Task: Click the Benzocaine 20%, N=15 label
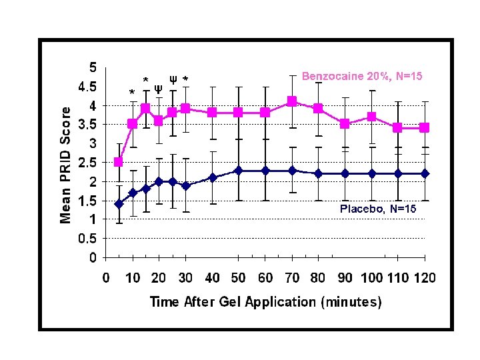click(361, 76)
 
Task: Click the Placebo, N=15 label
click(378, 209)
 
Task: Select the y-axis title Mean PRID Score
click(66, 165)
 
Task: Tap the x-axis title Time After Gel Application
click(265, 302)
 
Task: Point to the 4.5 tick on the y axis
click(87, 87)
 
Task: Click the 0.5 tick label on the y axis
click(87, 239)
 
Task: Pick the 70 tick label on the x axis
click(291, 277)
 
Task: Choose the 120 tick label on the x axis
click(424, 277)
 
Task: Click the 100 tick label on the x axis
click(371, 277)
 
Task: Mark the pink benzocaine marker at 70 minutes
click(291, 101)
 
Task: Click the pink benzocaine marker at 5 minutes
click(119, 162)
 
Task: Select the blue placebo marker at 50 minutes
click(238, 171)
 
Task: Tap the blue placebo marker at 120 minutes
click(424, 173)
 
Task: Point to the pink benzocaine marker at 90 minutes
click(344, 123)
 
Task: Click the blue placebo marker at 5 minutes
click(119, 204)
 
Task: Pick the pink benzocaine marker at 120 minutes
click(424, 127)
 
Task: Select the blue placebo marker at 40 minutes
click(212, 177)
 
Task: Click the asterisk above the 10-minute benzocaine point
click(132, 93)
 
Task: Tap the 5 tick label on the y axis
click(93, 67)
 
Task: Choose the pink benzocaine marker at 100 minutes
click(371, 117)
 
